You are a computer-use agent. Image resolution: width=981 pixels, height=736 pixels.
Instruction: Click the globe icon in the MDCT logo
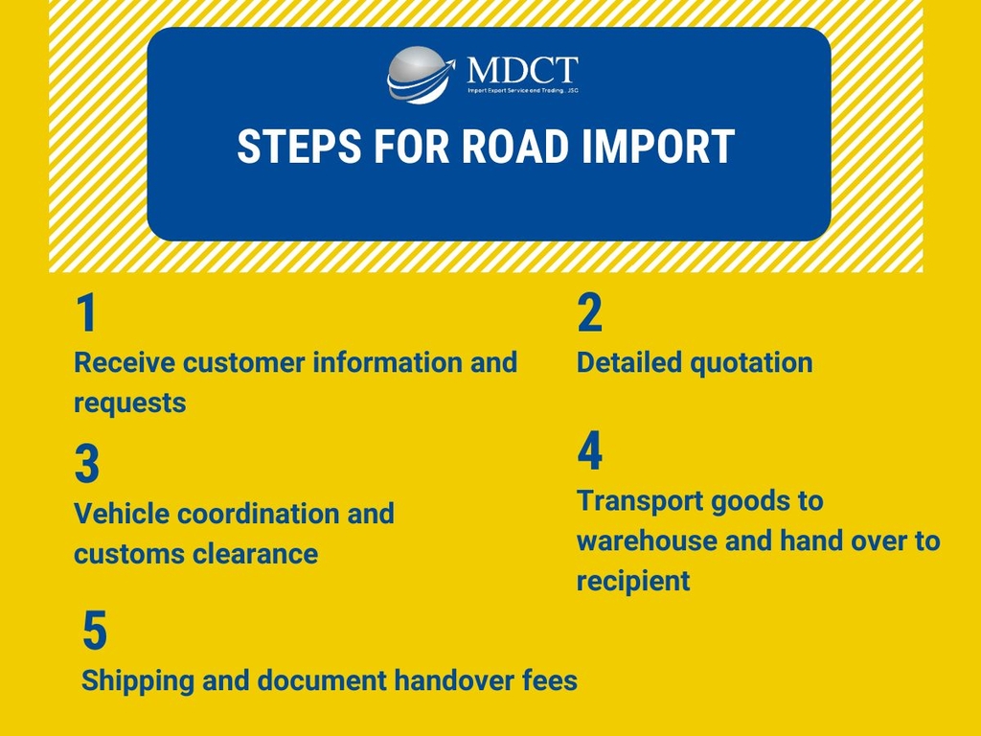point(418,75)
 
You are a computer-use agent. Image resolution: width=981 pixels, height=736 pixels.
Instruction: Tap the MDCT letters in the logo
point(522,69)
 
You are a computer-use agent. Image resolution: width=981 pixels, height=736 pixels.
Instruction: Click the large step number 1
point(86,313)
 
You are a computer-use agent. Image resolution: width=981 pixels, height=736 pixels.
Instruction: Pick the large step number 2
point(590,313)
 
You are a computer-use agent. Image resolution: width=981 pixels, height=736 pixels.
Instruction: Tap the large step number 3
point(87,465)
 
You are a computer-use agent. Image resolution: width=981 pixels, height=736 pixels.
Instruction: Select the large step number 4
point(590,452)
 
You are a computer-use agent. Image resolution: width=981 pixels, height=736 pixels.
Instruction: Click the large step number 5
point(95,632)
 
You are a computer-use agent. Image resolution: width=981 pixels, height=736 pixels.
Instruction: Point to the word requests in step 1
point(129,403)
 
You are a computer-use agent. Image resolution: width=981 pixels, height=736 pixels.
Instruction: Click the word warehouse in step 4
point(647,540)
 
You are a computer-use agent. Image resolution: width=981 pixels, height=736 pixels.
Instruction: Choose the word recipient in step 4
point(632,581)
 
